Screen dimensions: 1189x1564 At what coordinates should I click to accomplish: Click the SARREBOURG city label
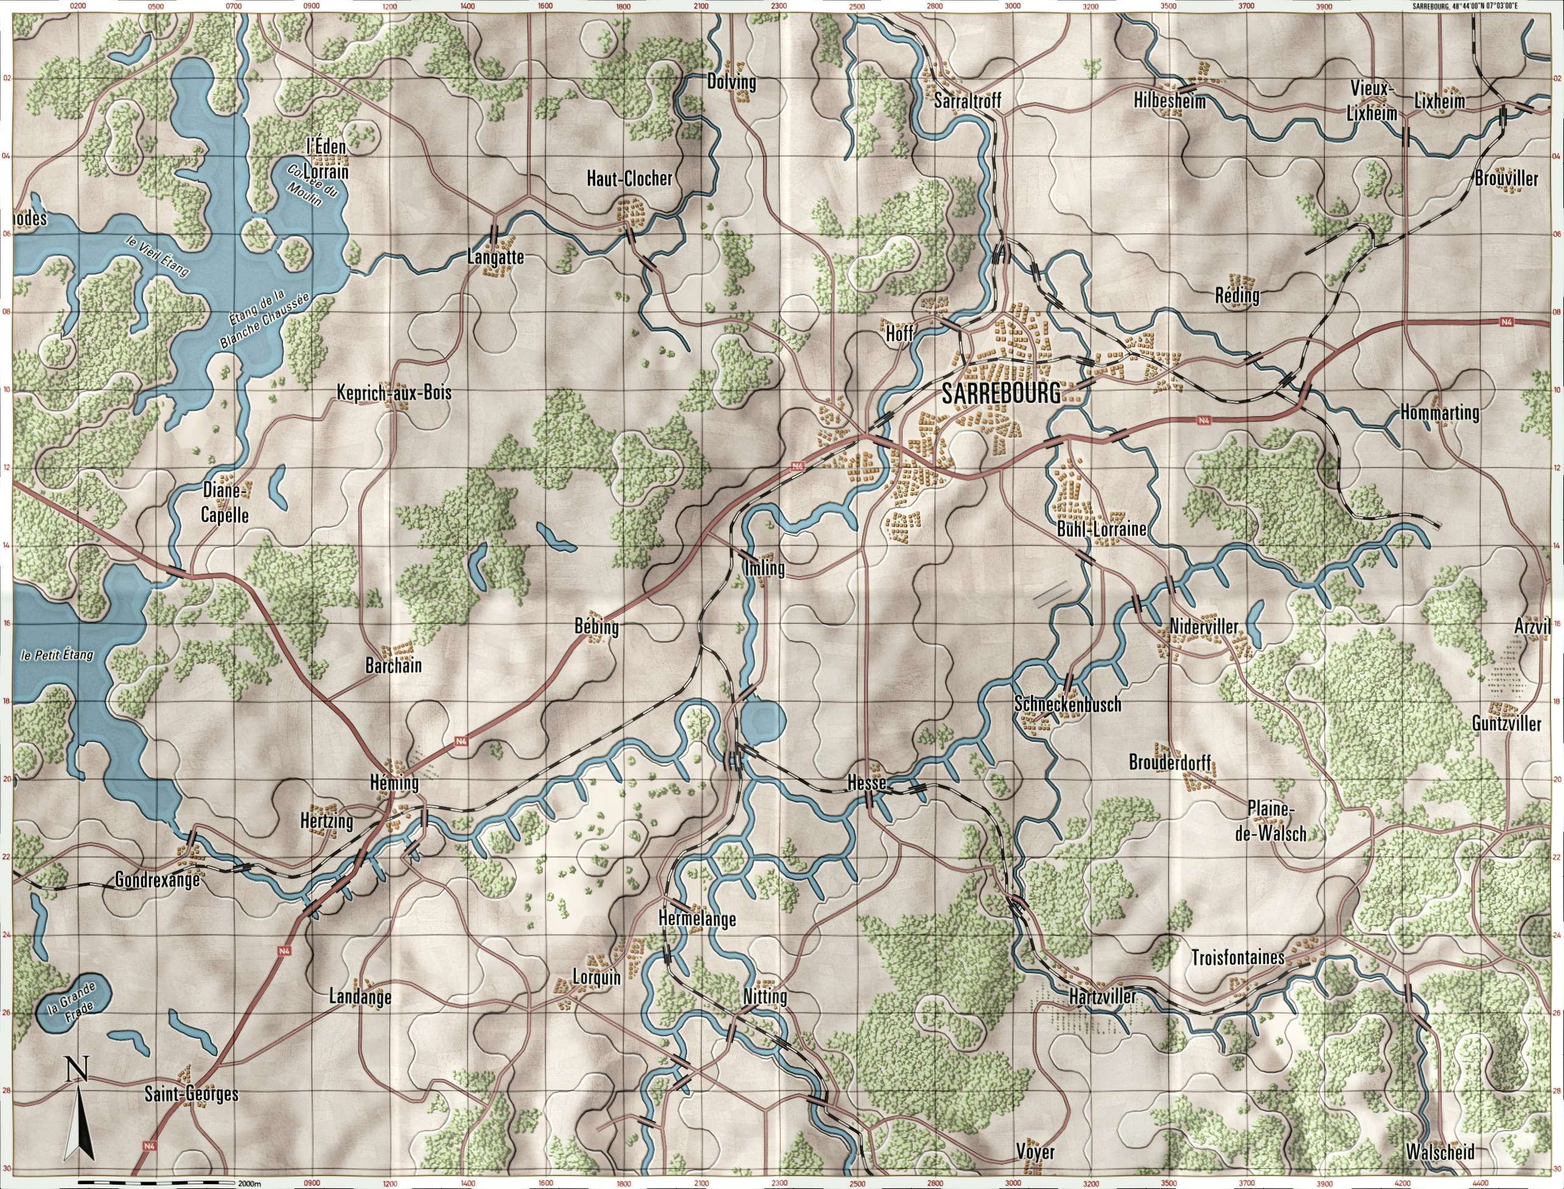point(1001,394)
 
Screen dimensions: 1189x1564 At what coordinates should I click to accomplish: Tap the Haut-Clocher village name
point(629,179)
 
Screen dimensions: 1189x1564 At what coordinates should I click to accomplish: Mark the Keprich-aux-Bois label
point(394,393)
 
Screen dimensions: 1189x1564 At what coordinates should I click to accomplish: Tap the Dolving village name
point(731,83)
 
